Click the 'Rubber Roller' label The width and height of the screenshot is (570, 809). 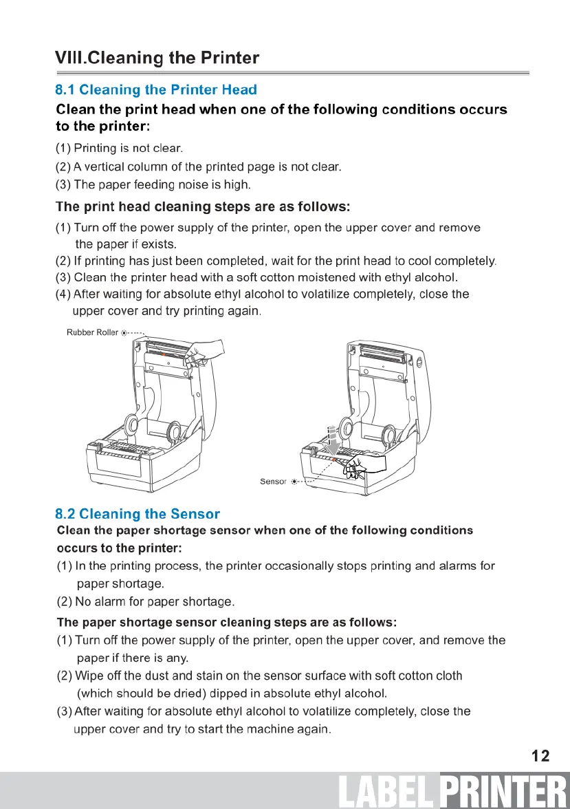click(x=92, y=332)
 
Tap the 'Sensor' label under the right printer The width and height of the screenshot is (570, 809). click(x=273, y=481)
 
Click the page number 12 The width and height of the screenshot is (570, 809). click(x=540, y=756)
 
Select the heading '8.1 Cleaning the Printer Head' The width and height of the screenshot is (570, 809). click(x=156, y=89)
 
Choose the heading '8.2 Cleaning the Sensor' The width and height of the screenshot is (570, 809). click(x=138, y=513)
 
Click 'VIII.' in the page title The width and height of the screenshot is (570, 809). click(x=71, y=58)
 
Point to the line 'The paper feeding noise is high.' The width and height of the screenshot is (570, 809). click(x=162, y=184)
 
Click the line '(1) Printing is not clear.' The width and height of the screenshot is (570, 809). click(x=118, y=148)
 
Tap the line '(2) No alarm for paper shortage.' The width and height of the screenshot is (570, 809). click(x=145, y=603)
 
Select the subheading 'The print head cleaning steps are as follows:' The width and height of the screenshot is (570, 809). click(x=203, y=206)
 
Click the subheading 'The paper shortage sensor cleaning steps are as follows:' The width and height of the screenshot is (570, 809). click(x=227, y=622)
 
